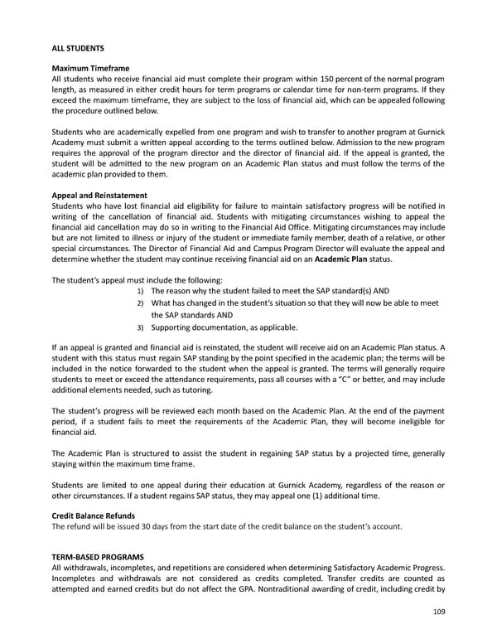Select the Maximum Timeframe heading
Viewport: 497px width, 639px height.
(90, 67)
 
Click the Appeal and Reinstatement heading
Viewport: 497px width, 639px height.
(100, 196)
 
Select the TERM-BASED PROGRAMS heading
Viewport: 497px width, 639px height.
(98, 556)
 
